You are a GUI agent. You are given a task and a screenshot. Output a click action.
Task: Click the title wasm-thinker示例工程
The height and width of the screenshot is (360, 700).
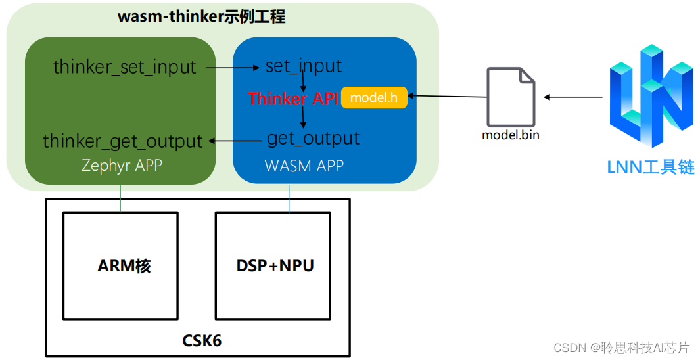pos(201,17)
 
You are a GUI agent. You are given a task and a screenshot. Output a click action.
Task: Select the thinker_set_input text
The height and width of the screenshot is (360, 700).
pos(124,67)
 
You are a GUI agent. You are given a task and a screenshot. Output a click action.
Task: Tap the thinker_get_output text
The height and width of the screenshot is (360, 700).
pos(123,141)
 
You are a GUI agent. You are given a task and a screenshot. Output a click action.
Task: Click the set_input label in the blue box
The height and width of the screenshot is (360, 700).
pos(303,66)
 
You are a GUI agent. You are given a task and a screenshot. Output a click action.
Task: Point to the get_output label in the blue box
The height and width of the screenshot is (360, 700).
pos(313,139)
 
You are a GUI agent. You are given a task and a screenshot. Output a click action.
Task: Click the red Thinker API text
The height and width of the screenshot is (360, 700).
pos(293,99)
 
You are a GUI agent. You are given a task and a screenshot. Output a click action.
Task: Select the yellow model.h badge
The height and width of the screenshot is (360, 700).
pos(374,98)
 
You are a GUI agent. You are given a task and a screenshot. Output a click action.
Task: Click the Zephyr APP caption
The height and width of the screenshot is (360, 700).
pos(122,165)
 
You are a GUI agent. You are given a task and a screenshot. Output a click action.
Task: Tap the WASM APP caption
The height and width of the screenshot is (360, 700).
pos(304,166)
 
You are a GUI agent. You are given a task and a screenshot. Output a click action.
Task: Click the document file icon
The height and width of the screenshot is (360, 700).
pos(511,97)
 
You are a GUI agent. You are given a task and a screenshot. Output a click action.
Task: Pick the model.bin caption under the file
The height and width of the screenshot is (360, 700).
pos(511,135)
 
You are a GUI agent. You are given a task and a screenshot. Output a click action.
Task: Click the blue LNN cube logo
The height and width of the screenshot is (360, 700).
pos(650,96)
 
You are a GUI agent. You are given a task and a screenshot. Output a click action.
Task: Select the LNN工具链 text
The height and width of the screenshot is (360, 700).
pos(650,167)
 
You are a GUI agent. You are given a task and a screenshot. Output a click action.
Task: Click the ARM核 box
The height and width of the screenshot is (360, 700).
pos(120,266)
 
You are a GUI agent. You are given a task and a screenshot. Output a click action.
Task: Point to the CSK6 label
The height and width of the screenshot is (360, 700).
pos(198,341)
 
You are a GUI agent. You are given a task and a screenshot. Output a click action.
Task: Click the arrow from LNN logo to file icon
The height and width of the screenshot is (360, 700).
pos(572,97)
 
